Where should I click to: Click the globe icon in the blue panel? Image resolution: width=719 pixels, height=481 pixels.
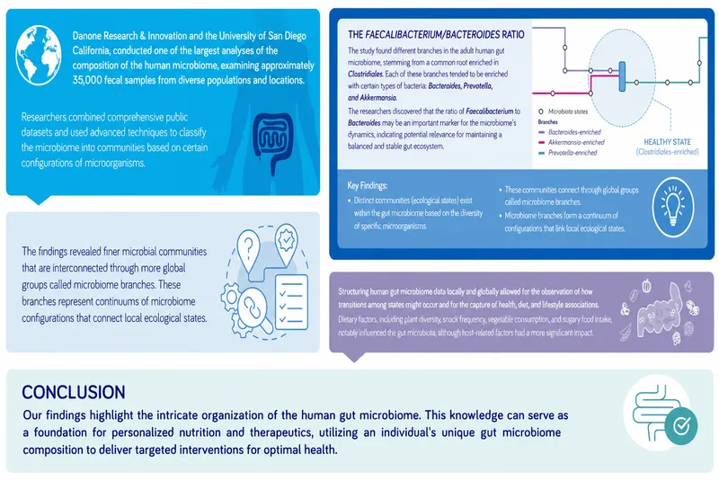pyautogui.click(x=39, y=56)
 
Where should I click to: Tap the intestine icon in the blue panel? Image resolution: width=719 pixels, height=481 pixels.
pyautogui.click(x=273, y=143)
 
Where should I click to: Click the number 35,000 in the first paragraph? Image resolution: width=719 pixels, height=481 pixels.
pyautogui.click(x=86, y=80)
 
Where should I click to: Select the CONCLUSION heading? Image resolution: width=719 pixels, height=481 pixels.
pyautogui.click(x=74, y=392)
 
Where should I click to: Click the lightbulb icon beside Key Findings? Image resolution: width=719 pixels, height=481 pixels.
pyautogui.click(x=672, y=208)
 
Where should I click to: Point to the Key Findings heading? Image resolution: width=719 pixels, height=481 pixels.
pyautogui.click(x=368, y=185)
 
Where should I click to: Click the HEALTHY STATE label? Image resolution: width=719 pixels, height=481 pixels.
pyautogui.click(x=667, y=142)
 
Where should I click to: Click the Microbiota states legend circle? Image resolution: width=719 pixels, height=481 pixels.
pyautogui.click(x=541, y=111)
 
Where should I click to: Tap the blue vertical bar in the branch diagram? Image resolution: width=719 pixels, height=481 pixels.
pyautogui.click(x=622, y=76)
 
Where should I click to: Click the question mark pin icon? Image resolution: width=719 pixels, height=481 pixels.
pyautogui.click(x=249, y=251)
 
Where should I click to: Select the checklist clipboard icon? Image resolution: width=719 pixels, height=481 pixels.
pyautogui.click(x=291, y=301)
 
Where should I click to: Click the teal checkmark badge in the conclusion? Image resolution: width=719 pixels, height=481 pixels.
pyautogui.click(x=681, y=426)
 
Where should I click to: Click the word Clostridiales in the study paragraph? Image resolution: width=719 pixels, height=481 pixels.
pyautogui.click(x=365, y=74)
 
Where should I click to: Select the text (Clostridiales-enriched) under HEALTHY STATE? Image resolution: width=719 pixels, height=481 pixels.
pyautogui.click(x=667, y=152)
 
